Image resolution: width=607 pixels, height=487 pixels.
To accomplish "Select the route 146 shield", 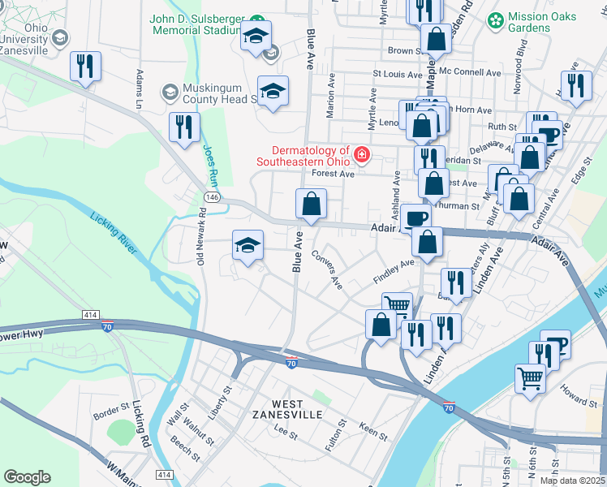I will (209, 197).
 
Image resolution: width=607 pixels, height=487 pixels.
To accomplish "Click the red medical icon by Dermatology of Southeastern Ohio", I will (360, 155).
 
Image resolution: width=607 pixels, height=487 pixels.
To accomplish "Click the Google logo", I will (27, 477).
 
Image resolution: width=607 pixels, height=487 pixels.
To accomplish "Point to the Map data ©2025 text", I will (572, 481).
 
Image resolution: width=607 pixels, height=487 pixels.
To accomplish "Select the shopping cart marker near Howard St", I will (530, 377).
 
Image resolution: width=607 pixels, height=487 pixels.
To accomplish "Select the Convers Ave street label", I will (334, 277).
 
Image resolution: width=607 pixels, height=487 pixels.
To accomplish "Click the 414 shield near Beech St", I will (164, 475).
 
